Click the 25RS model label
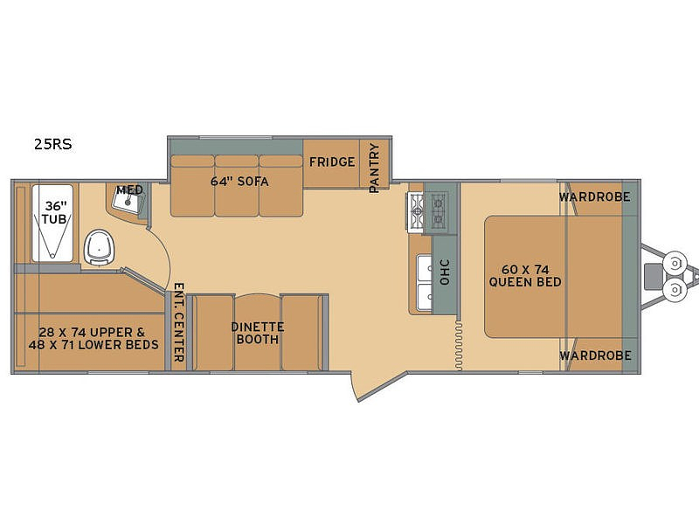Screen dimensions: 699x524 coord(53,144)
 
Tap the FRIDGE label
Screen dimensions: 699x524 coord(332,162)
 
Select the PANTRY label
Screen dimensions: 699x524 coord(375,168)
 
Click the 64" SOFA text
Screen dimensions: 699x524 coord(239,182)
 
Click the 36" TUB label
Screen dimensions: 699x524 coord(55,212)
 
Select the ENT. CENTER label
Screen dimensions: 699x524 coord(179,322)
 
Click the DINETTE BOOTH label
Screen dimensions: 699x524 coord(258,333)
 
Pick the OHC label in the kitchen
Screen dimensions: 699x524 coord(445,272)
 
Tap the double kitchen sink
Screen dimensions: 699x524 coord(425,281)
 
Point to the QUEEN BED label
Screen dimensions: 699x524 coord(525,282)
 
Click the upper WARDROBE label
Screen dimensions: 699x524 coord(595,196)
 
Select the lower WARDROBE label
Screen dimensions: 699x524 coord(595,355)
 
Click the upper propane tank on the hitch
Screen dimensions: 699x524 coord(674,264)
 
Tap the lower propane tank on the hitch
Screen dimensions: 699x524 coord(674,290)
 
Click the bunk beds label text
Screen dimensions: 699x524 coord(93,339)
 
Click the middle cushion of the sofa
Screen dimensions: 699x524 coord(236,186)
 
